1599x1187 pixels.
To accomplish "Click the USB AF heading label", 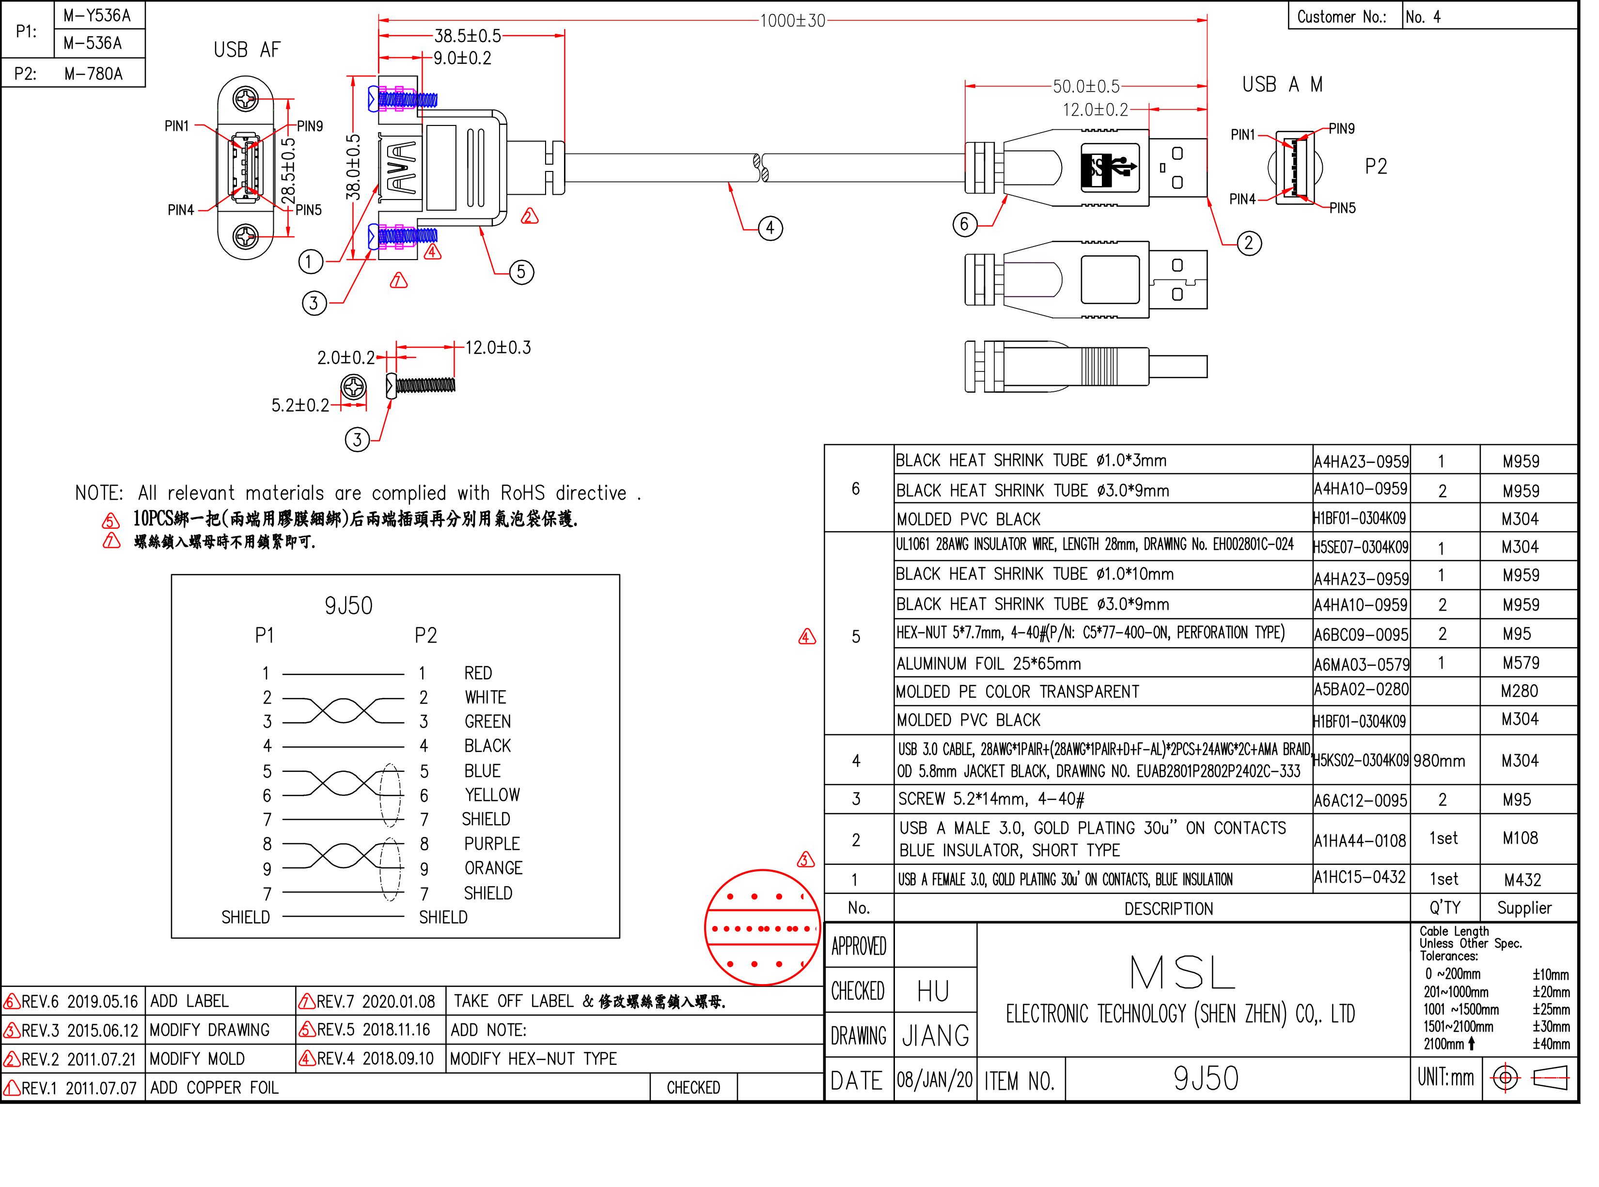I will (247, 49).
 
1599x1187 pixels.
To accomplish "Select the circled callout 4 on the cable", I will (770, 229).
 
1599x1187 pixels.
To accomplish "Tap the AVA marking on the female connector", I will (401, 168).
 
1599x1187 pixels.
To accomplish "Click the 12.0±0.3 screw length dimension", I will (498, 348).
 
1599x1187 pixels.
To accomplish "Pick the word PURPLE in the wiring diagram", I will (492, 844).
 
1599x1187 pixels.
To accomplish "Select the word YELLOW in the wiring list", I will (492, 795).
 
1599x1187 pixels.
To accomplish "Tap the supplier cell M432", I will (1522, 880).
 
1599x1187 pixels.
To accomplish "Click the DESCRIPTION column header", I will (1168, 909).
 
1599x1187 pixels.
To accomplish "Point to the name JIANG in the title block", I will (935, 1036).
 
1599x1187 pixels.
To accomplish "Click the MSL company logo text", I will (1182, 974).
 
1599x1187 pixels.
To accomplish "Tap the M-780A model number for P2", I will (94, 73).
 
